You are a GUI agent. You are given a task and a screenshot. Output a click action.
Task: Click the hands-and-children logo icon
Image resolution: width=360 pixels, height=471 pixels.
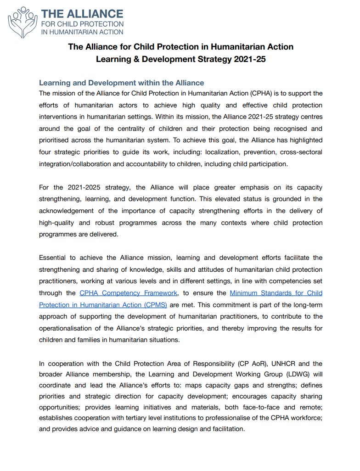coord(22,22)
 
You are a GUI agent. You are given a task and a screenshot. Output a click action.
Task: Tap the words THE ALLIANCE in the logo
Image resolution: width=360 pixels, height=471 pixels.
coord(82,14)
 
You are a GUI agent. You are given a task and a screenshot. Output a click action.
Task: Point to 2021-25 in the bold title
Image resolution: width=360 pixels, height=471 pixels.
coord(249,60)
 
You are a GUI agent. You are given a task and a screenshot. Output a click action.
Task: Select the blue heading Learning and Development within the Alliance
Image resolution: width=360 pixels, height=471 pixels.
coord(121,83)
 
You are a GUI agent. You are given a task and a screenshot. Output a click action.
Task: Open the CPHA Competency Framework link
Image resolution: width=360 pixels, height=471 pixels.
coord(128,293)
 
